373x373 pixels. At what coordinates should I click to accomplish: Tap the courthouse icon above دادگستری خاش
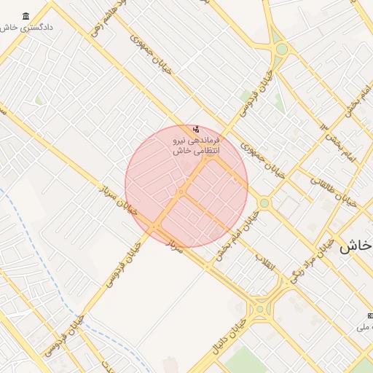coord(26,16)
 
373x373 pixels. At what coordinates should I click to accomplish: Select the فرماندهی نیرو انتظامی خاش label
coord(196,145)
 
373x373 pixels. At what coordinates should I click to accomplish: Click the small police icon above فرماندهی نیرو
coord(195,129)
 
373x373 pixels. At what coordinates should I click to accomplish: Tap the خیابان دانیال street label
coord(229,339)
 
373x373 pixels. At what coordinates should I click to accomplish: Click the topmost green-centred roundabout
coord(282,49)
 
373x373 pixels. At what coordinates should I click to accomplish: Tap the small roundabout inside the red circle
coord(180,192)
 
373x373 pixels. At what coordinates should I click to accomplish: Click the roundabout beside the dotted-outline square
coord(264,203)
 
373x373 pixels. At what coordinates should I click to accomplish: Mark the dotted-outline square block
coord(289,208)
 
